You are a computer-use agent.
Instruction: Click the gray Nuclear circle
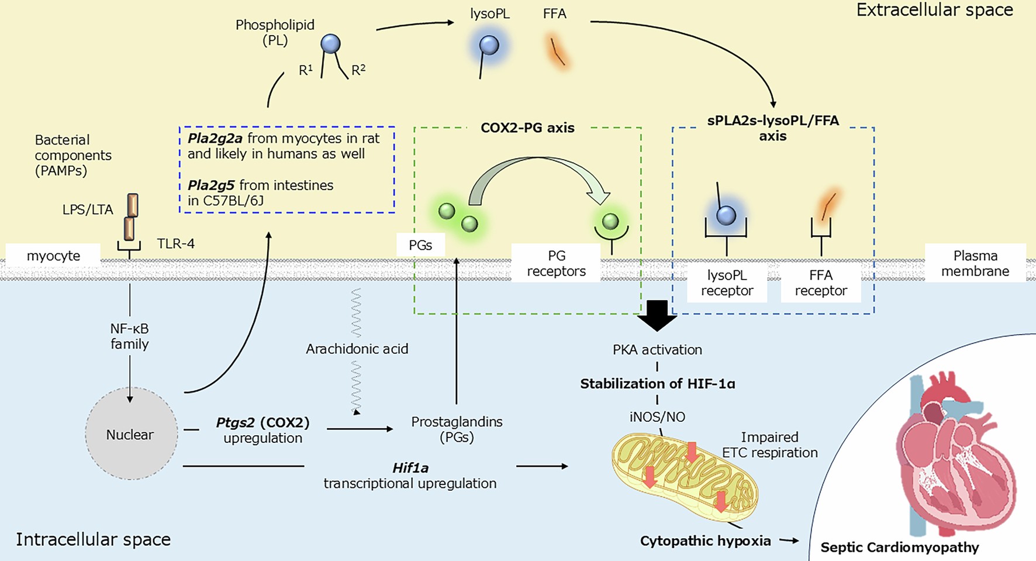pos(131,434)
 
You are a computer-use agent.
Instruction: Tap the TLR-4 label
pos(175,243)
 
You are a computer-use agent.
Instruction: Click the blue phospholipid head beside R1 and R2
pos(330,44)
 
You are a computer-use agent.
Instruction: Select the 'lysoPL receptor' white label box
pos(727,283)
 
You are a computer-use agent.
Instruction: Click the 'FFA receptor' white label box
pos(821,283)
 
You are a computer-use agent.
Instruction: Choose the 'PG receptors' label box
pos(556,263)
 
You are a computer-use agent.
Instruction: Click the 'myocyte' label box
pos(53,256)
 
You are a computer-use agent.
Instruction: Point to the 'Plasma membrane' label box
pos(975,263)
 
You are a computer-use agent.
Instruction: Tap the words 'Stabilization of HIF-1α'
pos(657,384)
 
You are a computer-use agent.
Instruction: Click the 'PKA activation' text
pos(657,350)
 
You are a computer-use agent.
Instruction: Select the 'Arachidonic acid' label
pos(357,349)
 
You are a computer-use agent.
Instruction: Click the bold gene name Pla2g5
pos(211,185)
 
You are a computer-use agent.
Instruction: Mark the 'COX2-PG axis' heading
pos(527,128)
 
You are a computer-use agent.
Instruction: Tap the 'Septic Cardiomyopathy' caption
pos(899,548)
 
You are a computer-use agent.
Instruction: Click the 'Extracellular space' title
pos(934,10)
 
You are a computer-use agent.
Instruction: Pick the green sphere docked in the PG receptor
pos(610,221)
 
